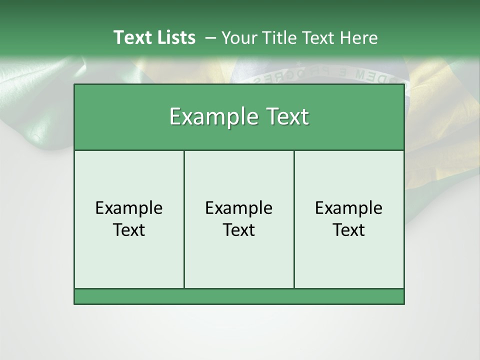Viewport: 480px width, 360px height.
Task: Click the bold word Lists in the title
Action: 174,37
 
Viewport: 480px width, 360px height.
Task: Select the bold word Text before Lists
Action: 131,37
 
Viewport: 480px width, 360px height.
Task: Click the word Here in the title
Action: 358,38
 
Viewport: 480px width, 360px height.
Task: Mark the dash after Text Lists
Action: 210,38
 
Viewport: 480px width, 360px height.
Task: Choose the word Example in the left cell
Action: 129,208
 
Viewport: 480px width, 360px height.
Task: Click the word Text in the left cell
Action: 129,230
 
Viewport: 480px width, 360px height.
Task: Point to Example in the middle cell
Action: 239,208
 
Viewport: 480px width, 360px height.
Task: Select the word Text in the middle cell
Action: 239,230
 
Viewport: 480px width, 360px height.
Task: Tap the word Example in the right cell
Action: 349,208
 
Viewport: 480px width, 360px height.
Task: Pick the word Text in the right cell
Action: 349,230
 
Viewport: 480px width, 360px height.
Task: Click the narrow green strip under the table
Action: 239,296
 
